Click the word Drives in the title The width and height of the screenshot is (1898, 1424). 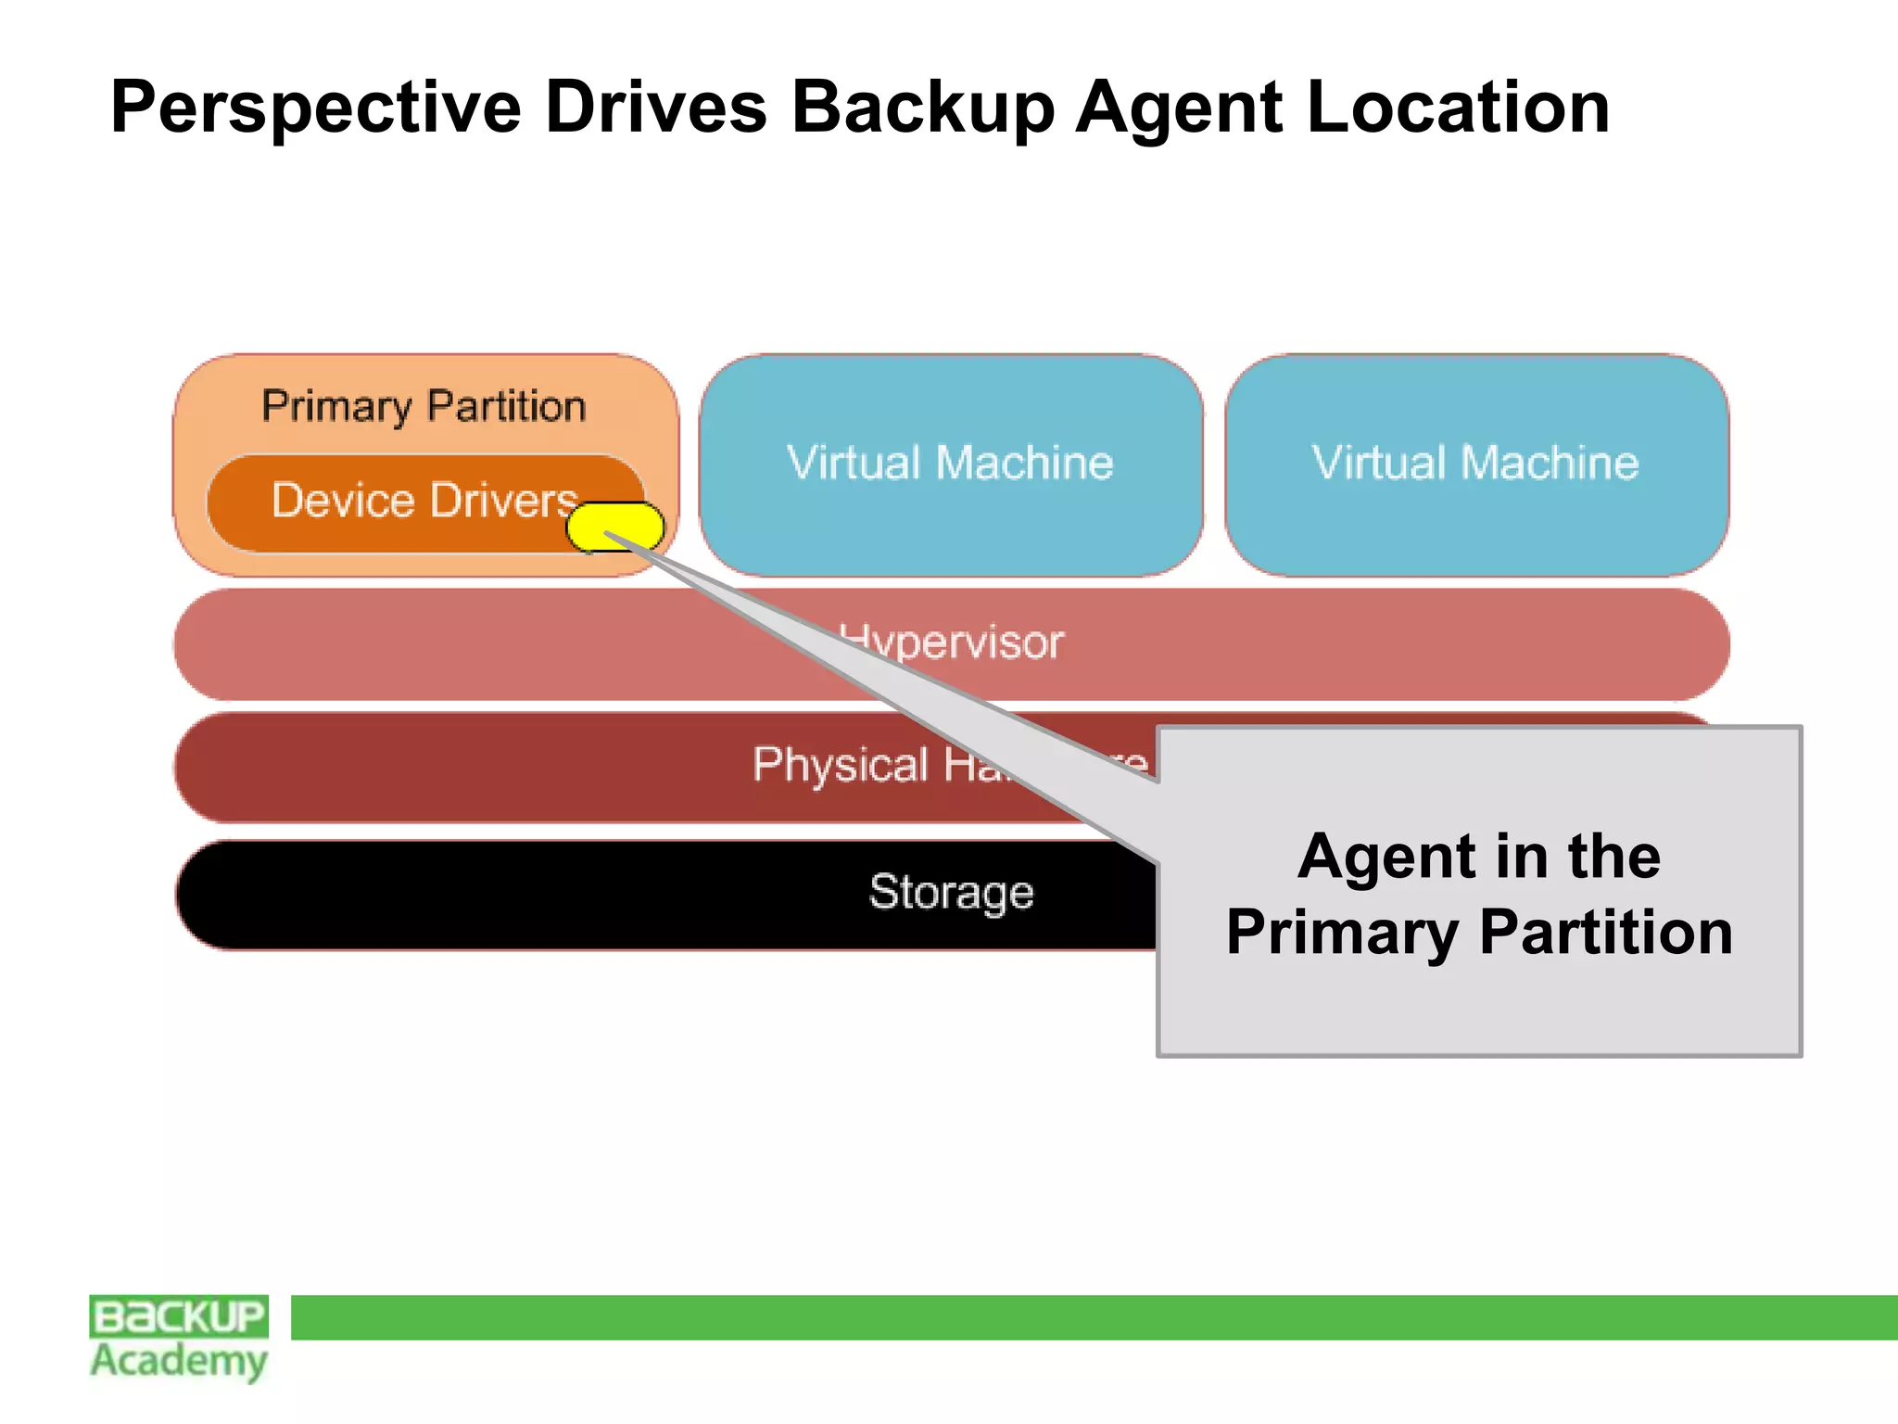click(x=655, y=108)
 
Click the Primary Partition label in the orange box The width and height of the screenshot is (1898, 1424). click(x=424, y=407)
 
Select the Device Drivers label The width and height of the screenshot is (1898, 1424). click(x=424, y=501)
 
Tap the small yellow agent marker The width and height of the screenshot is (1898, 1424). click(x=614, y=527)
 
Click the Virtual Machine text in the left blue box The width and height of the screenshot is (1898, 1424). click(x=950, y=463)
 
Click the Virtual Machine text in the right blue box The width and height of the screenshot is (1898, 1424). click(x=1475, y=463)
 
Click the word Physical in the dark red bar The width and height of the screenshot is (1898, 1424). click(x=840, y=766)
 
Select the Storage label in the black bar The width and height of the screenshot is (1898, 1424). click(x=951, y=893)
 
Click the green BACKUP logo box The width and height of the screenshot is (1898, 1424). click(x=179, y=1316)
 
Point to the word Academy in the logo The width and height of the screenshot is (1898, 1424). click(x=179, y=1361)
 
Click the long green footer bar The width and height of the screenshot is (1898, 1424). click(x=1094, y=1317)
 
